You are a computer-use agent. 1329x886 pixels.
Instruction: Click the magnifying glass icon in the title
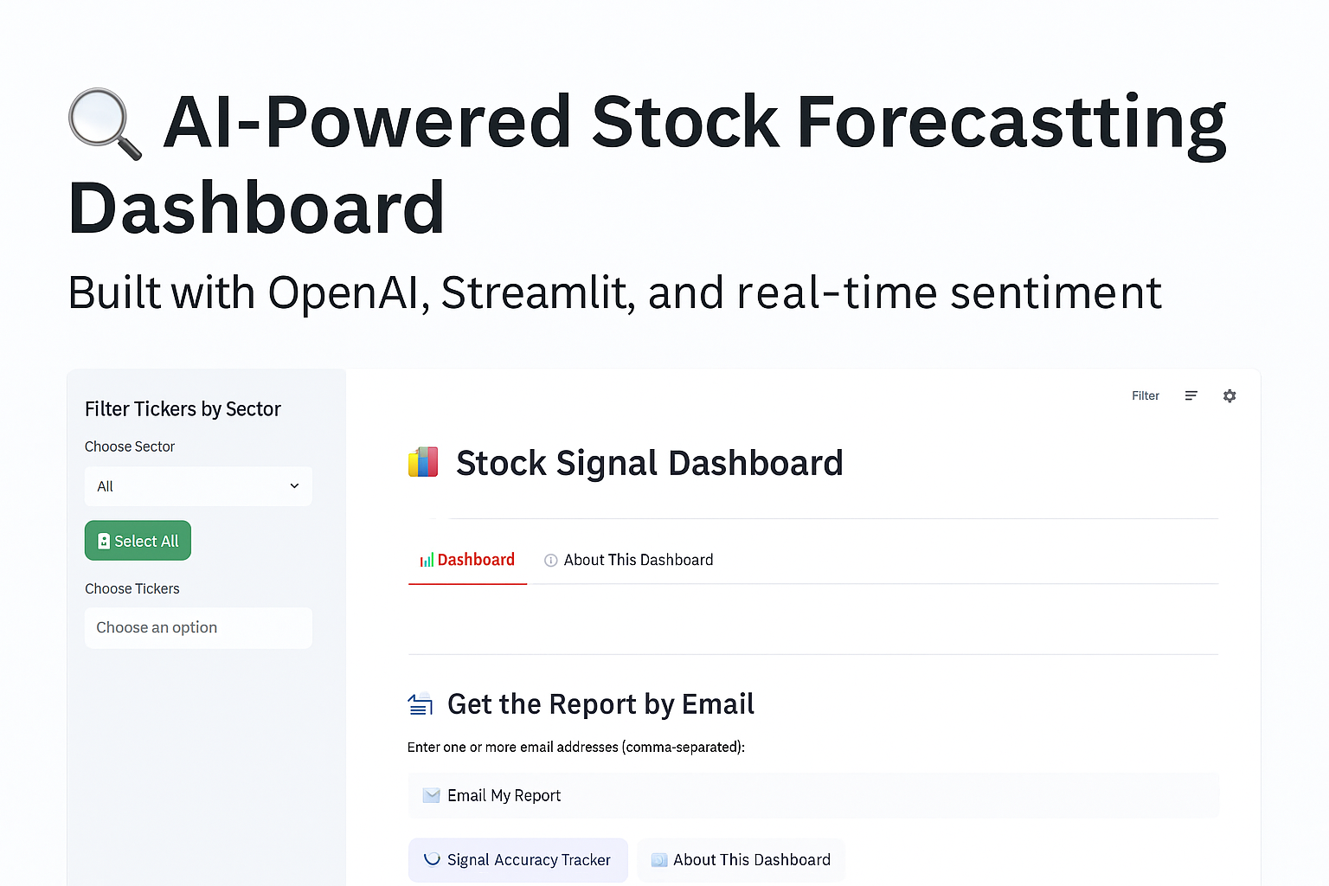tap(105, 124)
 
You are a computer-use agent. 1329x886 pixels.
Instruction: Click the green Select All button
tap(138, 541)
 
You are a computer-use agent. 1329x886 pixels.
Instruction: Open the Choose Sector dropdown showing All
tap(198, 486)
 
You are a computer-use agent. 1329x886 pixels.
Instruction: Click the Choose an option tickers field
tap(198, 627)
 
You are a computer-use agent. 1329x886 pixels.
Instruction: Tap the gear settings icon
tap(1229, 395)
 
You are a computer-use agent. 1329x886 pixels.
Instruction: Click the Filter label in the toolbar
tap(1145, 395)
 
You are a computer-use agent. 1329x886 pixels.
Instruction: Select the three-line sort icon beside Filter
tap(1191, 395)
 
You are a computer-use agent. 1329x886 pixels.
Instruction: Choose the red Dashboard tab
tap(467, 560)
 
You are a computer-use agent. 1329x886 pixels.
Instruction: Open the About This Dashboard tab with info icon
tap(628, 560)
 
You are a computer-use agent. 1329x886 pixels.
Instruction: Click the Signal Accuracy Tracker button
tap(518, 860)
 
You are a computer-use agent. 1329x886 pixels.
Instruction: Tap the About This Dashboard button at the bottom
tap(741, 860)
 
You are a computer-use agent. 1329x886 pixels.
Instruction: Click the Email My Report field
tap(813, 795)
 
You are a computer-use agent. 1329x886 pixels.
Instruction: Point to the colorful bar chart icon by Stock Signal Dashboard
tap(423, 462)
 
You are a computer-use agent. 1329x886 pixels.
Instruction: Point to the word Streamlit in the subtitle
tap(538, 292)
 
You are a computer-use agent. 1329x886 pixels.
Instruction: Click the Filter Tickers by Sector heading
tap(183, 409)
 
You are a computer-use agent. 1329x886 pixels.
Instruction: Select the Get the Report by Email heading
tap(600, 704)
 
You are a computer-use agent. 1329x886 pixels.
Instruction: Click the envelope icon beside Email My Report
tap(432, 795)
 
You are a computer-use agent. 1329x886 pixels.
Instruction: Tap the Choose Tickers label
tap(132, 588)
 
